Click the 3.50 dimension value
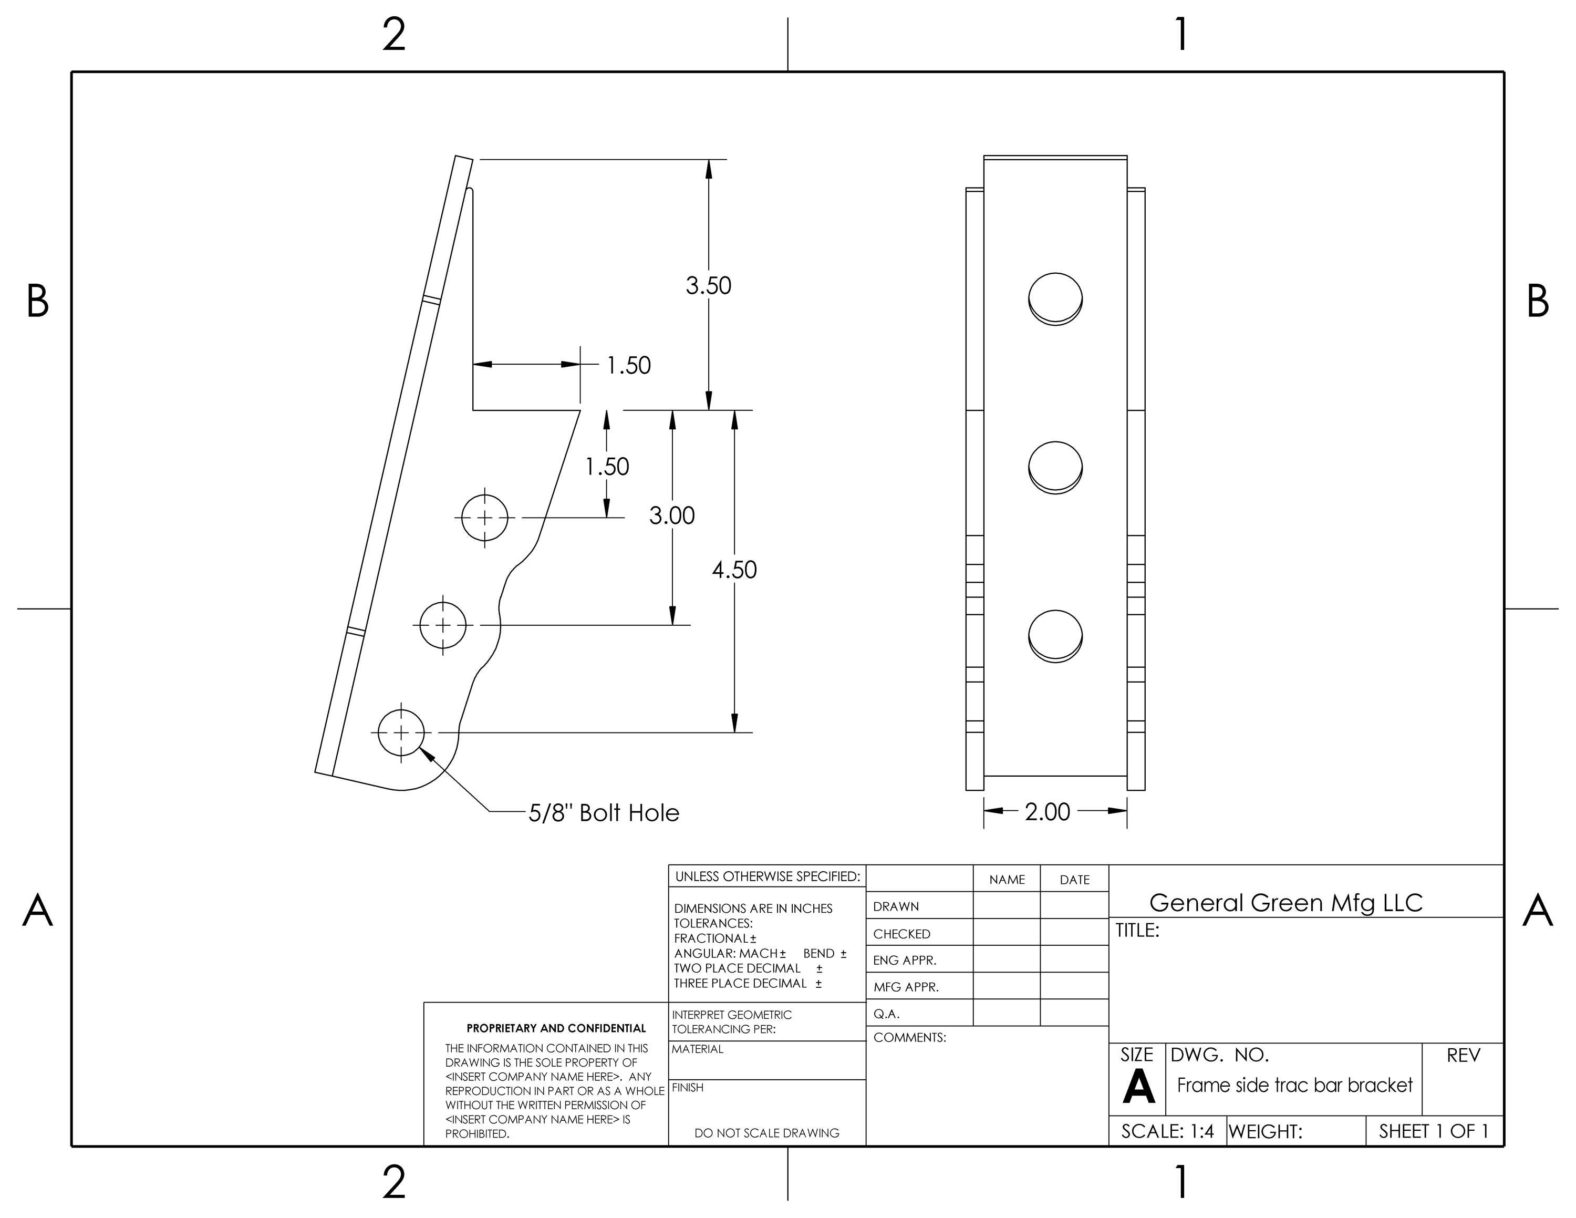708,286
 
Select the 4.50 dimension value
734,570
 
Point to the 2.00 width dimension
1047,812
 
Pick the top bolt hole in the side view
484,518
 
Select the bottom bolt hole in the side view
401,733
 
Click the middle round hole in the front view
1055,467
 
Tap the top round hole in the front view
1055,298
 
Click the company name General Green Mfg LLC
1285,903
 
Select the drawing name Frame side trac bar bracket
1294,1085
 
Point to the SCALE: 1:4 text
1167,1131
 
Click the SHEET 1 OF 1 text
1433,1131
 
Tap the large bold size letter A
1138,1087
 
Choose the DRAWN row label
896,907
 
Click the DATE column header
1074,880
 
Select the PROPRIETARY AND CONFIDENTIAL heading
556,1028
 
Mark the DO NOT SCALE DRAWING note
766,1133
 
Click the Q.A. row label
886,1014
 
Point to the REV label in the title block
1463,1055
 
